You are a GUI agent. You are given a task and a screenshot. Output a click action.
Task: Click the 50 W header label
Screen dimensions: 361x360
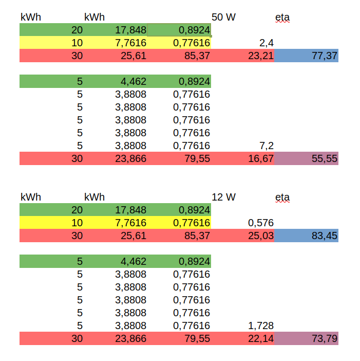click(223, 17)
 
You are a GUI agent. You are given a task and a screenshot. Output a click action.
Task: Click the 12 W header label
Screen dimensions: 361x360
click(223, 197)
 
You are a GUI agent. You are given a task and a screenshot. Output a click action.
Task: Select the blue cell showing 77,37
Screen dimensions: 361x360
click(307, 56)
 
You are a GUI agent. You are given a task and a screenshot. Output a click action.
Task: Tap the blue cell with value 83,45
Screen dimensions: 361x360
click(307, 236)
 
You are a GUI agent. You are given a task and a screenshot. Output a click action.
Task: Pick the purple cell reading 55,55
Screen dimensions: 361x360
click(307, 158)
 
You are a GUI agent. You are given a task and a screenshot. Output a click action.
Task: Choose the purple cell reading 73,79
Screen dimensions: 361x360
click(307, 338)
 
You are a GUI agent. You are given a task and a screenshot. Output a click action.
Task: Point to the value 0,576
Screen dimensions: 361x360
click(260, 223)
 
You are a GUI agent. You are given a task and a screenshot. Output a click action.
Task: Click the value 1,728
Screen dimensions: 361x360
click(260, 326)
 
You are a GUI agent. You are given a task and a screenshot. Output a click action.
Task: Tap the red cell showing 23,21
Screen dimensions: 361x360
click(260, 56)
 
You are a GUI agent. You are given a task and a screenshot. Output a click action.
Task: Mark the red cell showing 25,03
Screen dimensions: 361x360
click(260, 236)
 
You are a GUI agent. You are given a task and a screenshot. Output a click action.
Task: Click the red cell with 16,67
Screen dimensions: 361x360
click(260, 158)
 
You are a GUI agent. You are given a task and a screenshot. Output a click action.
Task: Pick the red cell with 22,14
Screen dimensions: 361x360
click(260, 338)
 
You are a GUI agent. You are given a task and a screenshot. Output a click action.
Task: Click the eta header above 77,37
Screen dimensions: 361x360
click(282, 17)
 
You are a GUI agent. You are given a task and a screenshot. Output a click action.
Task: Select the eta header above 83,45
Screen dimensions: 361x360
click(282, 197)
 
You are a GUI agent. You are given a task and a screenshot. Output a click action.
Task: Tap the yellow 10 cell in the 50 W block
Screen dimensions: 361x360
click(51, 43)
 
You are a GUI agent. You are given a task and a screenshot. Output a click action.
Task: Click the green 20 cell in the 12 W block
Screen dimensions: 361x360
click(51, 210)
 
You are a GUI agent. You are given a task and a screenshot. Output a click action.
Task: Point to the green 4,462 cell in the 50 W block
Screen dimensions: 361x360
click(116, 81)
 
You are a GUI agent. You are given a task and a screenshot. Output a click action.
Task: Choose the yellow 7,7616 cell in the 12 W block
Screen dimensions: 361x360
click(116, 223)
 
